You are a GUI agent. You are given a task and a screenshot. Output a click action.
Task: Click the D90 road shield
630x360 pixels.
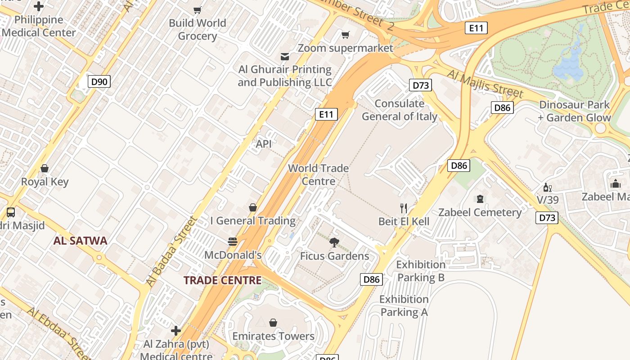click(x=99, y=81)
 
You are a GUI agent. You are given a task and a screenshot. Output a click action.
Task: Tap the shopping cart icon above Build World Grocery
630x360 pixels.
click(x=197, y=10)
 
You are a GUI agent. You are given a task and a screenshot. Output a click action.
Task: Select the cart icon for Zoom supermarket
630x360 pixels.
click(x=345, y=35)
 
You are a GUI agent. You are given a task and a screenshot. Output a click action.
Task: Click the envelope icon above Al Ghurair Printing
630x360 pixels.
click(x=284, y=57)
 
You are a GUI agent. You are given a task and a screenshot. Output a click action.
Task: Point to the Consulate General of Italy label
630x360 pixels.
click(x=400, y=110)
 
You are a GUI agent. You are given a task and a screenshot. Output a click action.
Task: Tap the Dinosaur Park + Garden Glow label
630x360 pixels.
click(x=574, y=111)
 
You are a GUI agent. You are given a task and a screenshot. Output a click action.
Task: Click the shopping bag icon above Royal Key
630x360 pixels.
click(x=45, y=169)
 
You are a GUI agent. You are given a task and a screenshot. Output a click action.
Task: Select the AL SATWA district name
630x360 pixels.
click(x=80, y=241)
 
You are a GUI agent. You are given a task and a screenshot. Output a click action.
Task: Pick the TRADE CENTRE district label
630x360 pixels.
click(x=222, y=280)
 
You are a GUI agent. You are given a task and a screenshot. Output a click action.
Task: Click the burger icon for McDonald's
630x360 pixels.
click(x=232, y=242)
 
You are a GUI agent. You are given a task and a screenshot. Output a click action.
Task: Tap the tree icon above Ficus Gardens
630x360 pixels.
click(x=334, y=243)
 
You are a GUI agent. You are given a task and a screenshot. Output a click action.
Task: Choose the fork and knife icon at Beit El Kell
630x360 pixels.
click(x=404, y=208)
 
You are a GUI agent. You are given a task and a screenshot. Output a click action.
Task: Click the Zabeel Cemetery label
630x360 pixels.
click(x=480, y=212)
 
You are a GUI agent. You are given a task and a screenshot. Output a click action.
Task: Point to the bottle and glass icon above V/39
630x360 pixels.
click(x=547, y=188)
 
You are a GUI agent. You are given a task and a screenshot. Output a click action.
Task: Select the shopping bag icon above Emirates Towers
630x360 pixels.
click(x=273, y=323)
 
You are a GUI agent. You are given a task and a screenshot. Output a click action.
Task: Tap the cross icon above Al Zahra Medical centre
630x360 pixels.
click(x=176, y=331)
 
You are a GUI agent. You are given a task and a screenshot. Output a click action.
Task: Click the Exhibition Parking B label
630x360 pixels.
click(x=421, y=271)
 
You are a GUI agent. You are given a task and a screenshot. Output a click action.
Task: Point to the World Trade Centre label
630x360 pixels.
click(x=318, y=175)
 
